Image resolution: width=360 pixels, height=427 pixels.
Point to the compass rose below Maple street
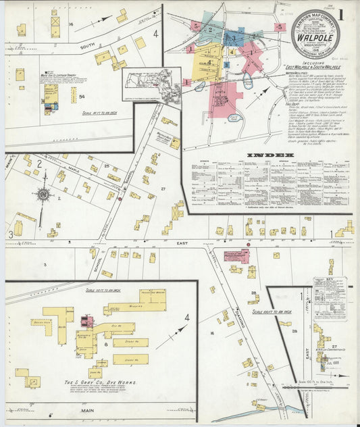[x=44, y=195]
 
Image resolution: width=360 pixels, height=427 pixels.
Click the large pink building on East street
[x=236, y=257]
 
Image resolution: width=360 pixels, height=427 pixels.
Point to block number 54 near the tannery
[x=82, y=99]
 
